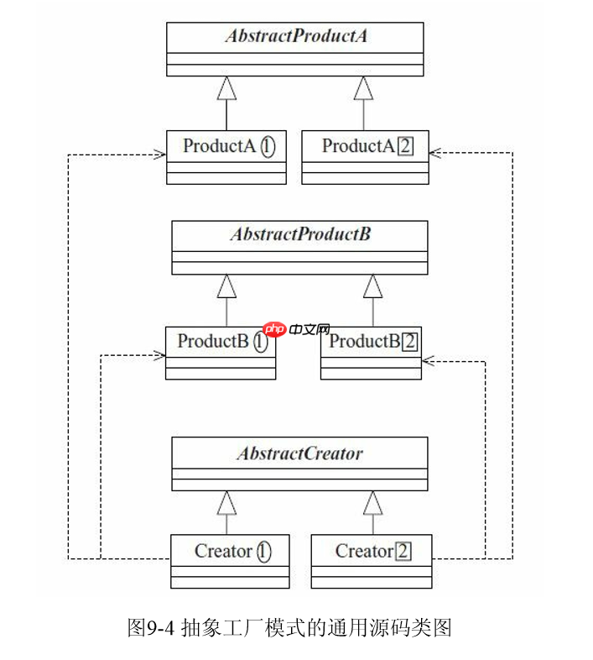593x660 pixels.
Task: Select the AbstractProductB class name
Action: (299, 234)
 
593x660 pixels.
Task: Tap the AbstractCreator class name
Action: (299, 453)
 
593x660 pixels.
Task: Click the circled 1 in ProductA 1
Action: (268, 146)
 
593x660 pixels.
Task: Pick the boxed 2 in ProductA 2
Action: (405, 146)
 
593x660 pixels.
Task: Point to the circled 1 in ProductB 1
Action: (261, 342)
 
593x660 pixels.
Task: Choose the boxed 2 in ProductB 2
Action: (409, 342)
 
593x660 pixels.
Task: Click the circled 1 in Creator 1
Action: (263, 552)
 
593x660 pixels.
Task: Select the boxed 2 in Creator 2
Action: (403, 552)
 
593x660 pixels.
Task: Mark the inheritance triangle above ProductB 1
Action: (226, 286)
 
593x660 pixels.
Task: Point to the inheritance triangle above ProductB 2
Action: (372, 286)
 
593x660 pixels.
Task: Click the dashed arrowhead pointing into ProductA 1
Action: (159, 154)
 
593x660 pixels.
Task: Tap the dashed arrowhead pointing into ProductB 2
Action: (428, 361)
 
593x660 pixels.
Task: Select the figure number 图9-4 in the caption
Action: (150, 627)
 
